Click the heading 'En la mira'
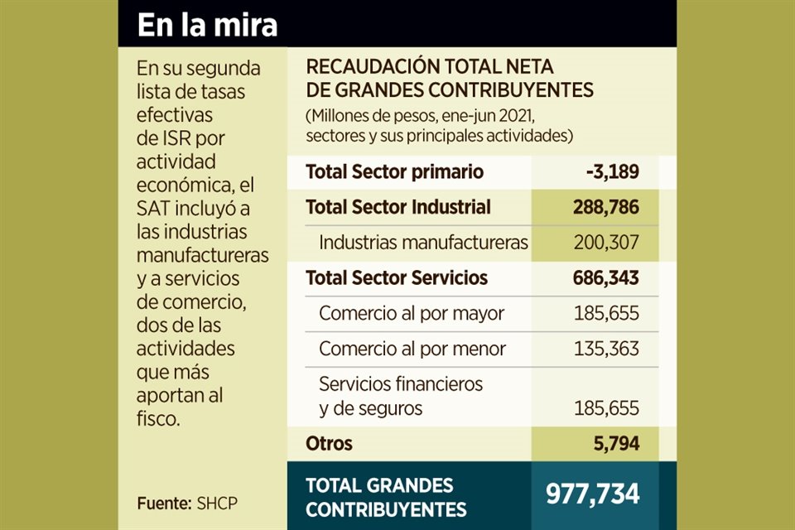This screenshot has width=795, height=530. tap(207, 25)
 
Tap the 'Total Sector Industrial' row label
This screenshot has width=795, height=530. tap(398, 207)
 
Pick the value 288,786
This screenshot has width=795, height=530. tap(605, 207)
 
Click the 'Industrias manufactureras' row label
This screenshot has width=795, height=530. tap(423, 243)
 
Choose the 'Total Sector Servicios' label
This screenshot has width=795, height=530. tap(397, 278)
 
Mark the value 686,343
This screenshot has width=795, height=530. tap(605, 278)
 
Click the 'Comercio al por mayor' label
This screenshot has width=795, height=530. tap(412, 314)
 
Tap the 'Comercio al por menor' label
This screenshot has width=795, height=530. tap(412, 349)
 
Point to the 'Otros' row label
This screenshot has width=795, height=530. tap(329, 443)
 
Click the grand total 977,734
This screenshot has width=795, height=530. tap(592, 494)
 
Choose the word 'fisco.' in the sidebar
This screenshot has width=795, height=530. tap(158, 419)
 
